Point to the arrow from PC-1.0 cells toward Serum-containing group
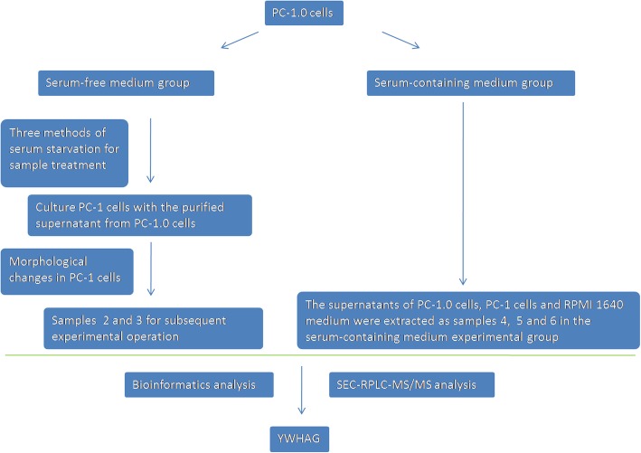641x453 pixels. tap(402, 43)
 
